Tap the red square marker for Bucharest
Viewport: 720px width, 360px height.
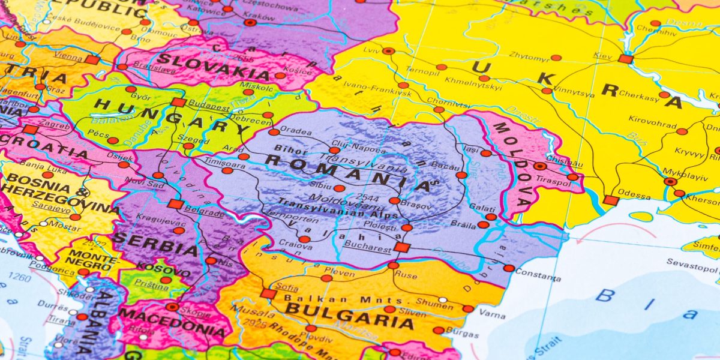(402, 247)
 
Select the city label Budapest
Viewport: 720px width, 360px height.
(209, 107)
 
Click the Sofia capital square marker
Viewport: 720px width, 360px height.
(268, 293)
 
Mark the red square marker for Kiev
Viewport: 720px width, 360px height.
(626, 59)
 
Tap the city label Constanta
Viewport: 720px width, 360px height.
(538, 277)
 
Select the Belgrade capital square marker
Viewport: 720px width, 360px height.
(175, 204)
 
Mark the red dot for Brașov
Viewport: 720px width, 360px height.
(394, 201)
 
